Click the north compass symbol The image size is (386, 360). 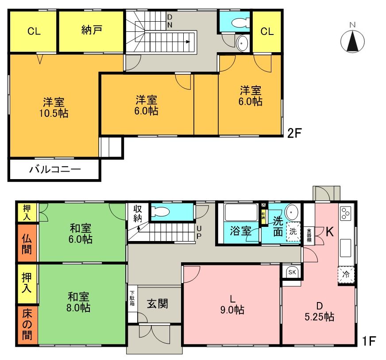coord(352,41)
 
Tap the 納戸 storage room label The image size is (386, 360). coord(91,31)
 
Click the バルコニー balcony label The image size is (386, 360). coord(55,169)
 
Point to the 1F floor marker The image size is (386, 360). coord(369,341)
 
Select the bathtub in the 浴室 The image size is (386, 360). coord(241,213)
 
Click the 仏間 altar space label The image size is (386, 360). coord(27,244)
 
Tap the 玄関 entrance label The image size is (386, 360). coord(158,304)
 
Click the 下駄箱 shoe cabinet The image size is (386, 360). coord(132,300)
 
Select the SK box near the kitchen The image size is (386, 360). coord(292,272)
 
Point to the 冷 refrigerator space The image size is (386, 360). coord(346,274)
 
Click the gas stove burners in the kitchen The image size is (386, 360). coord(345,214)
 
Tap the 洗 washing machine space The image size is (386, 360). coord(293,231)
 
